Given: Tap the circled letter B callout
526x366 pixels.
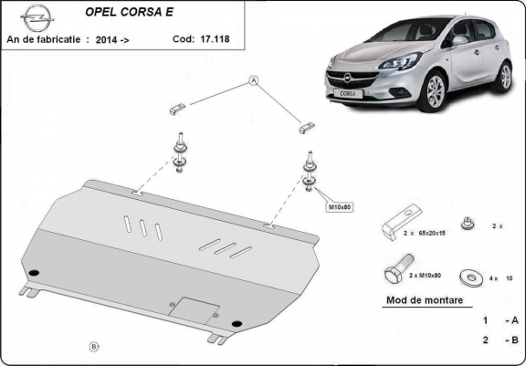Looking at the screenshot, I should tap(93, 346).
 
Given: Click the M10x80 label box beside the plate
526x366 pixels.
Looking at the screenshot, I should tap(340, 207).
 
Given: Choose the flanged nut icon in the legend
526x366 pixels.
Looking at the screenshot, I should tap(469, 223).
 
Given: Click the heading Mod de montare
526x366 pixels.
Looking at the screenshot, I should tap(425, 299).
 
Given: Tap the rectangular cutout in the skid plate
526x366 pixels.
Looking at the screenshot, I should tap(195, 308).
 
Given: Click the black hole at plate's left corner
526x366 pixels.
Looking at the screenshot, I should tap(35, 271).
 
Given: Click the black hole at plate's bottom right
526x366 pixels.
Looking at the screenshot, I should tap(237, 322).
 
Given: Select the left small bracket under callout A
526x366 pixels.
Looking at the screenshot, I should tap(176, 109).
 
